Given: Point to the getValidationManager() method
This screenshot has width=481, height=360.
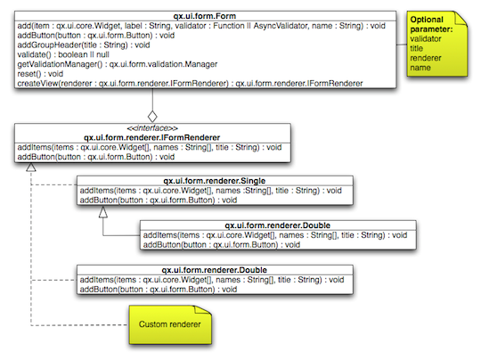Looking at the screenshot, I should (116, 63).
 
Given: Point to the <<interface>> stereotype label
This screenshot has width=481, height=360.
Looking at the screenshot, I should (152, 128).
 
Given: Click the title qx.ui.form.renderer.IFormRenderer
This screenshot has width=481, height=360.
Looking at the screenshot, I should (152, 137).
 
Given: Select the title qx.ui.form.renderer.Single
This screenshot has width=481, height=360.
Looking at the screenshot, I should (214, 181).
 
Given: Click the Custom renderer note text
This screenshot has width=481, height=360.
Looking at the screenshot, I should (168, 323).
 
